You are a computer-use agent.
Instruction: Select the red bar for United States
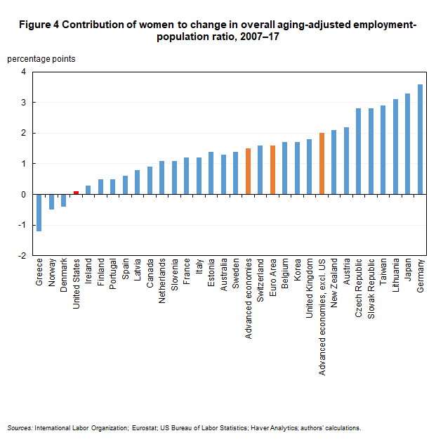point(76,193)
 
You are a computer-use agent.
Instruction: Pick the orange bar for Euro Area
point(272,169)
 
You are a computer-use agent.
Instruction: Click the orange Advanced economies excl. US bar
point(322,163)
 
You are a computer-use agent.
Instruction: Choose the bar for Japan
point(407,143)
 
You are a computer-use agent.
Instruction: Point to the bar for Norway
point(51,202)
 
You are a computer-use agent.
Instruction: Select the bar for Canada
point(150,180)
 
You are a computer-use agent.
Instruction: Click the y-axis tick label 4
point(22,72)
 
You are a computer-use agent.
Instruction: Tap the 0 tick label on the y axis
point(22,195)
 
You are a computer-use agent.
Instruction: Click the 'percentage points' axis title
point(41,59)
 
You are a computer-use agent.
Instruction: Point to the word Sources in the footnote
point(19,427)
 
